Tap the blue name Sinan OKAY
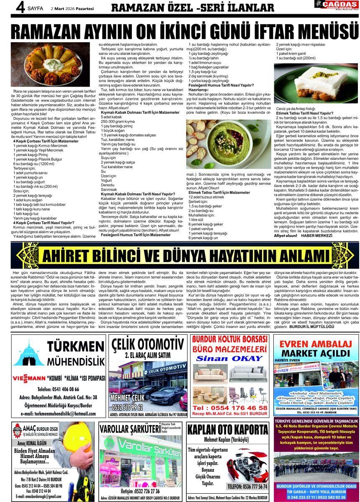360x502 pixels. click(x=229, y=359)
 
